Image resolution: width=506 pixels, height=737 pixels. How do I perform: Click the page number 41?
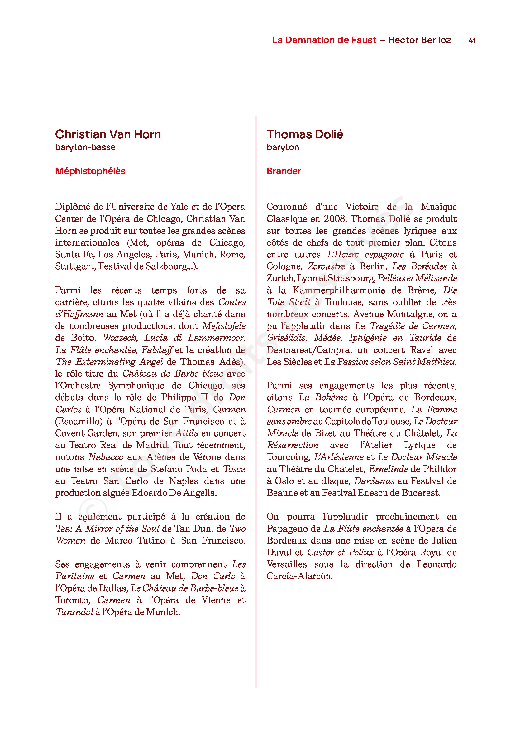[x=472, y=40]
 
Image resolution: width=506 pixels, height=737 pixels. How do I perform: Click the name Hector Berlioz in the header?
[x=419, y=40]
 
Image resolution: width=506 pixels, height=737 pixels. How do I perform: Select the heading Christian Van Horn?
[x=108, y=134]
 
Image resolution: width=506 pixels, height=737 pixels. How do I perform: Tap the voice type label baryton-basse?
[x=85, y=147]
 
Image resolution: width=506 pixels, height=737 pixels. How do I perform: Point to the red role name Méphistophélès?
[x=90, y=171]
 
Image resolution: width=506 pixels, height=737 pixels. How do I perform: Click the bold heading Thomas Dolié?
[x=305, y=134]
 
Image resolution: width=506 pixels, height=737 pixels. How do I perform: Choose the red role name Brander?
[x=284, y=171]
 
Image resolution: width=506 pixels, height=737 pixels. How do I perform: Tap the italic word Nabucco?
[x=106, y=457]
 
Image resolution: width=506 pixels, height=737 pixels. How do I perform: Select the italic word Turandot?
[x=74, y=612]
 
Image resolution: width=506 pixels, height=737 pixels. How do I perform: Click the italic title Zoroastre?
[x=326, y=266]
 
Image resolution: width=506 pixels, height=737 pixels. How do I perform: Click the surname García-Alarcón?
[x=299, y=576]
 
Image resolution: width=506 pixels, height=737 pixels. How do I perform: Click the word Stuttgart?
[x=75, y=266]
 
